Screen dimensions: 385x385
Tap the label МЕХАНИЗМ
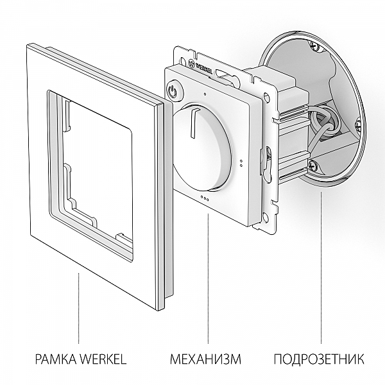click(x=205, y=358)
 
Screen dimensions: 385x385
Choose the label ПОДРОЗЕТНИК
click(x=319, y=358)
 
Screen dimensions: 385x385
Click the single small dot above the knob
click(x=204, y=94)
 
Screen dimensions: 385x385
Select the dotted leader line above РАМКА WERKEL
click(x=78, y=308)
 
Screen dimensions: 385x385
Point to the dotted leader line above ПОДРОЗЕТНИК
click(x=320, y=269)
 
